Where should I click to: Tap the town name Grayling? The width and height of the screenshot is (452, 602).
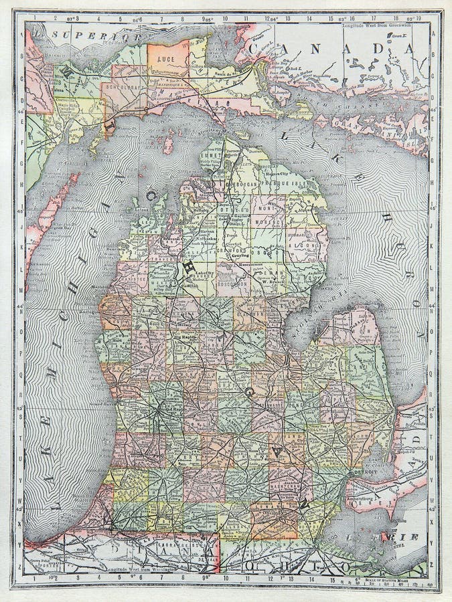tap(240, 255)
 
